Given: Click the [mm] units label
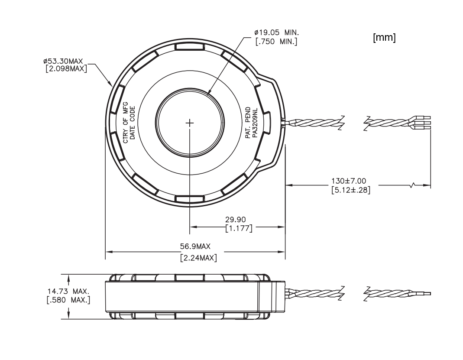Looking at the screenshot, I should pyautogui.click(x=384, y=38).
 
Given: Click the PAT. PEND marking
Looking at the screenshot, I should pyautogui.click(x=248, y=123).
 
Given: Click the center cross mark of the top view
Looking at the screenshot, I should pyautogui.click(x=190, y=123).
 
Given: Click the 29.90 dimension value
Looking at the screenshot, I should pyautogui.click(x=239, y=219).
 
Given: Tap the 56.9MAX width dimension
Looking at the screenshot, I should pyautogui.click(x=195, y=247).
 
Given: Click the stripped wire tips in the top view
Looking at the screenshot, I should pyautogui.click(x=425, y=123).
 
